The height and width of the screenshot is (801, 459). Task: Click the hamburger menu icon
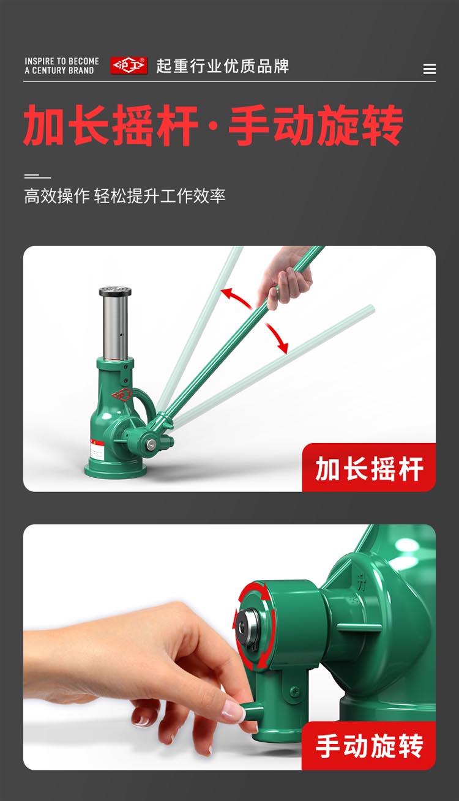click(x=429, y=69)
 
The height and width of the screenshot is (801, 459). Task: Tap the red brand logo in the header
click(x=129, y=65)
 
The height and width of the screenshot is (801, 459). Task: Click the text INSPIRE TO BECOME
click(x=62, y=61)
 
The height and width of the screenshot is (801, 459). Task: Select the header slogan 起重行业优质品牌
click(x=223, y=66)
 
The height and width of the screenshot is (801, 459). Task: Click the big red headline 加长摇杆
click(x=111, y=125)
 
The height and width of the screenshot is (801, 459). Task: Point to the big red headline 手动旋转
click(x=316, y=125)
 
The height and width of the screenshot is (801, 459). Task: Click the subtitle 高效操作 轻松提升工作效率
click(x=125, y=196)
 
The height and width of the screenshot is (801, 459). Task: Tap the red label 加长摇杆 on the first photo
click(x=369, y=469)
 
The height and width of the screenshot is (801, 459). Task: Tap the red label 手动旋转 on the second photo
click(x=369, y=746)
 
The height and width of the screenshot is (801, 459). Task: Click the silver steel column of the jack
click(x=115, y=327)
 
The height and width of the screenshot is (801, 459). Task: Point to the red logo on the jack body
click(x=122, y=395)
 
